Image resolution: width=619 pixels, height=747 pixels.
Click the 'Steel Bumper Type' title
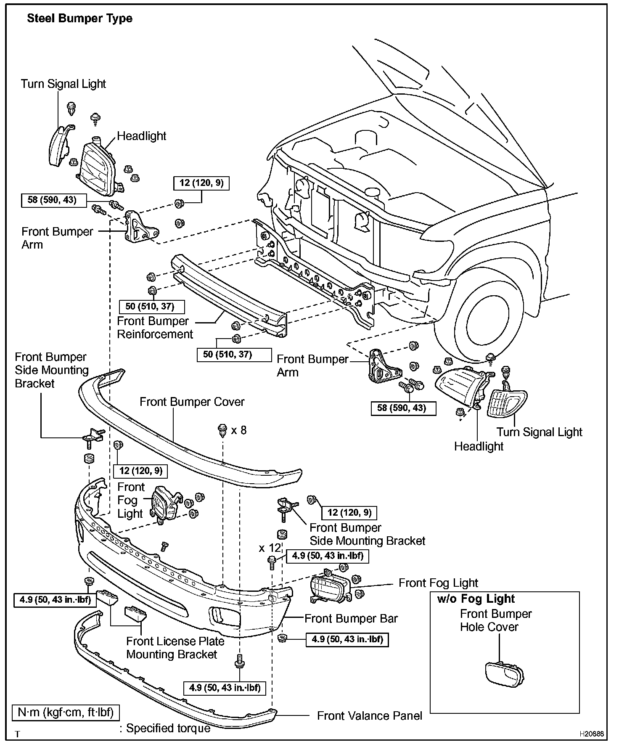point(79,19)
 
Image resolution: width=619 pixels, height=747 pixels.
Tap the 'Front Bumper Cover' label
point(192,402)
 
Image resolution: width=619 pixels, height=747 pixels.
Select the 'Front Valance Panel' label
point(369,716)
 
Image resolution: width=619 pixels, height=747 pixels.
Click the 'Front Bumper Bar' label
point(351,618)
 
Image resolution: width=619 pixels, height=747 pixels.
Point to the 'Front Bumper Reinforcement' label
point(154,328)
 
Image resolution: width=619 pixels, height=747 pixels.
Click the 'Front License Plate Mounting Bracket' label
point(175,648)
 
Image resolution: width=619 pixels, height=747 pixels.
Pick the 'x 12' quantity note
point(269,548)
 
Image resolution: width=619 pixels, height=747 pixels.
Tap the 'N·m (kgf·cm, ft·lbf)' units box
point(66,713)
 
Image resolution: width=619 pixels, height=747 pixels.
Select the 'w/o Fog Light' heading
point(476,599)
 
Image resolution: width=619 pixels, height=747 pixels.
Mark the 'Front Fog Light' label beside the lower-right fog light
point(438,583)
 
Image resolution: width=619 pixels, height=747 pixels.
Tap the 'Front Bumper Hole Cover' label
point(495,620)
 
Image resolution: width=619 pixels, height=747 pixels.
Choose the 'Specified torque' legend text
point(168,728)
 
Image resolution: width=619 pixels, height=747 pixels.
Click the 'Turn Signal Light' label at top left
point(63,84)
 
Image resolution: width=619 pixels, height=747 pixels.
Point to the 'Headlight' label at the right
point(479,446)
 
